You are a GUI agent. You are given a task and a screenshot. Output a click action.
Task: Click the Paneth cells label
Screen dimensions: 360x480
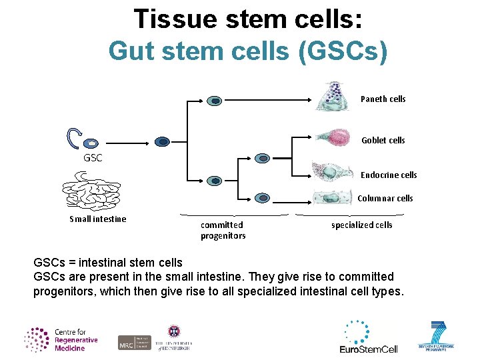(x=383, y=99)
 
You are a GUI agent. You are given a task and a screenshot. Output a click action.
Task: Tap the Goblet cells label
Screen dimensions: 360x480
(x=383, y=141)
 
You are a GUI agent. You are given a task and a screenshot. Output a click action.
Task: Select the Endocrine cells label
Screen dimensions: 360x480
(x=388, y=175)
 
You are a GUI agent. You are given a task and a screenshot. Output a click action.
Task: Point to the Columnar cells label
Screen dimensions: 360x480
(x=385, y=199)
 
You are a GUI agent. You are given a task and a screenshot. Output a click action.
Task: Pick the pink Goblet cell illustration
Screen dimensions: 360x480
(x=333, y=138)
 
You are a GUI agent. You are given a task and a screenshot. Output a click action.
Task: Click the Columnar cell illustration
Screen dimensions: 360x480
(x=329, y=197)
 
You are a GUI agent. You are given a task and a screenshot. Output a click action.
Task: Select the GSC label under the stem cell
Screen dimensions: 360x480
(x=93, y=159)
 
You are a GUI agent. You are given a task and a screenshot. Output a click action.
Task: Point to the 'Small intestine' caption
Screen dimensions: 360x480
(x=97, y=219)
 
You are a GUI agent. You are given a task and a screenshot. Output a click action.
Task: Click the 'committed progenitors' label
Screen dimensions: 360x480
(x=223, y=231)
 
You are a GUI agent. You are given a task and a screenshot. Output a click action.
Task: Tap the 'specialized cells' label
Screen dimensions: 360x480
(x=361, y=225)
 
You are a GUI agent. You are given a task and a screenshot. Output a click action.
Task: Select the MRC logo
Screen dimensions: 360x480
(x=134, y=342)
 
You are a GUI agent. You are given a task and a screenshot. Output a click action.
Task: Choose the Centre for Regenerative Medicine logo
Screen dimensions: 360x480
(x=61, y=339)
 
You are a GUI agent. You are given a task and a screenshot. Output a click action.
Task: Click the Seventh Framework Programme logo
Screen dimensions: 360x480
(x=436, y=337)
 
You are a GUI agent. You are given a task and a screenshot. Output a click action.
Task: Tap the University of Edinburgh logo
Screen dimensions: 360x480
(x=173, y=338)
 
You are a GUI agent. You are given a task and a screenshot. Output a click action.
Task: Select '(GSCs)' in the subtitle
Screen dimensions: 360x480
(x=343, y=51)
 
